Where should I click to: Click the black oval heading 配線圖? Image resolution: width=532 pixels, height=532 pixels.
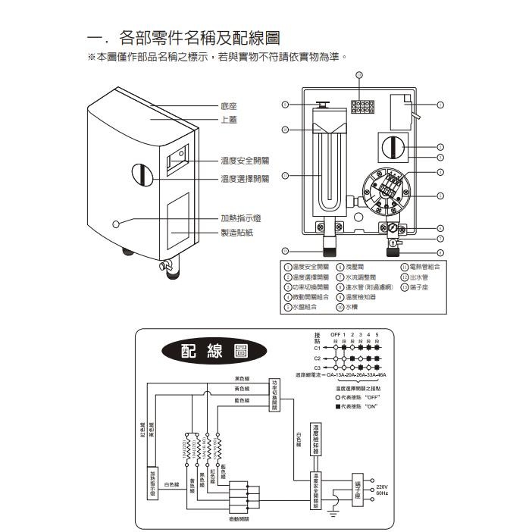pos(214,352)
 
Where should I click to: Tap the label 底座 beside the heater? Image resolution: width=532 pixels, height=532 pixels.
pos(228,107)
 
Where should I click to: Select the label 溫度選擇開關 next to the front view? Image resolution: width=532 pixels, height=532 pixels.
pos(244,179)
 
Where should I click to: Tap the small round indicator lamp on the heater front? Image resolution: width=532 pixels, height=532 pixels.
pos(116,224)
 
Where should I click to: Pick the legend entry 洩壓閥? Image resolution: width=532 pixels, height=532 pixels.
pos(355,267)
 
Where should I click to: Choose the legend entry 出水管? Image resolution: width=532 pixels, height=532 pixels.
pos(419,277)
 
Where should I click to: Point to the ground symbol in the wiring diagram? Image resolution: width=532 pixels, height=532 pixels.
pos(330,513)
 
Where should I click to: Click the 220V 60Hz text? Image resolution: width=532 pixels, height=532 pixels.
pos(382,490)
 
